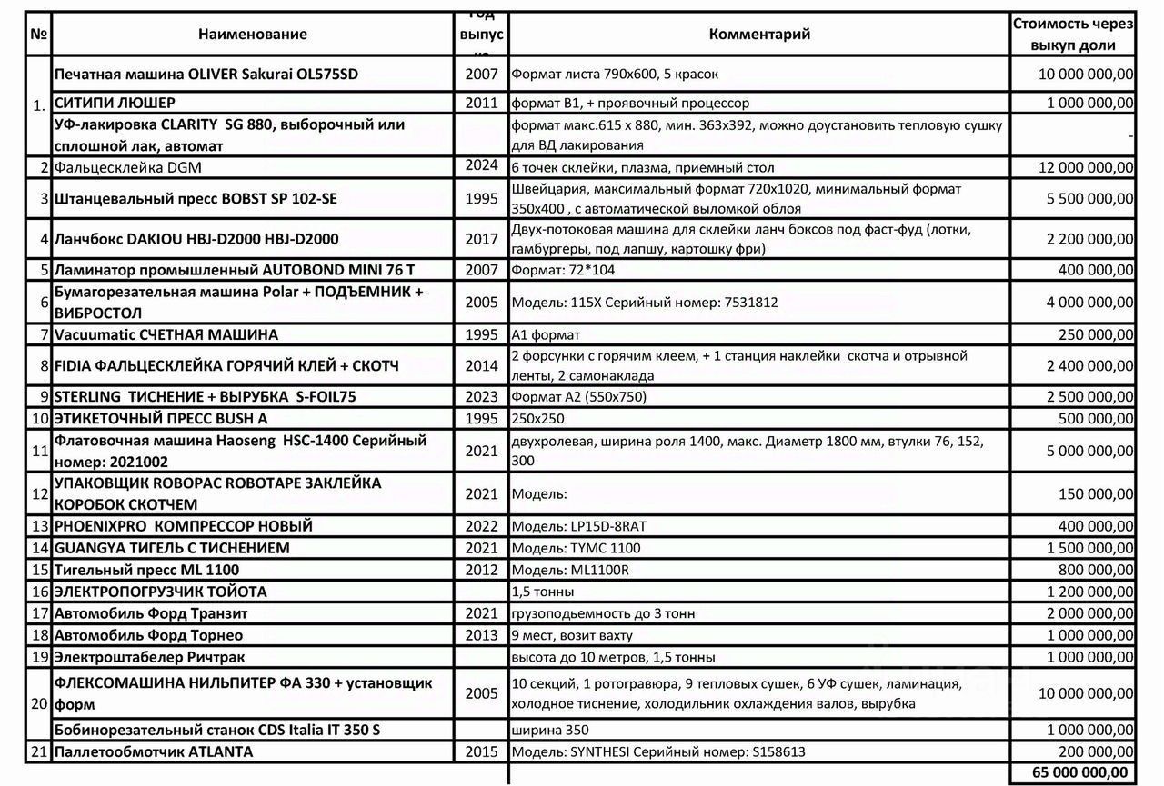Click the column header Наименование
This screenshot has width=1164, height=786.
(253, 35)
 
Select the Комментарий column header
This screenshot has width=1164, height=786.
(759, 35)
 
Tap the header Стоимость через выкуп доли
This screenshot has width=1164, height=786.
(1073, 35)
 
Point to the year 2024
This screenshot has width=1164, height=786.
(482, 165)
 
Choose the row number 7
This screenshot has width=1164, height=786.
(43, 335)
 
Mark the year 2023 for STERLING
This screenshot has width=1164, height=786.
(482, 397)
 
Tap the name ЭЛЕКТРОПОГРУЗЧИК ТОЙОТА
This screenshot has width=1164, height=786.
(161, 592)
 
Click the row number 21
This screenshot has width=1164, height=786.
(39, 751)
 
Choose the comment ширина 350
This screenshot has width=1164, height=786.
(550, 730)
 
